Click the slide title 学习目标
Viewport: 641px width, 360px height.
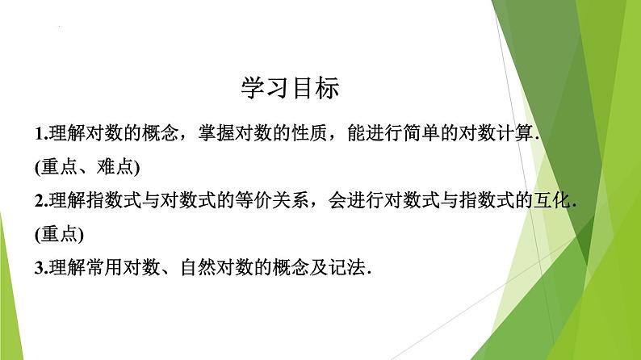pyautogui.click(x=291, y=87)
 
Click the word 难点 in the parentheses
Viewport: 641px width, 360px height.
pyautogui.click(x=112, y=168)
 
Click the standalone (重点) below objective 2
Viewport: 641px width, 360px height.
pyautogui.click(x=61, y=236)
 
